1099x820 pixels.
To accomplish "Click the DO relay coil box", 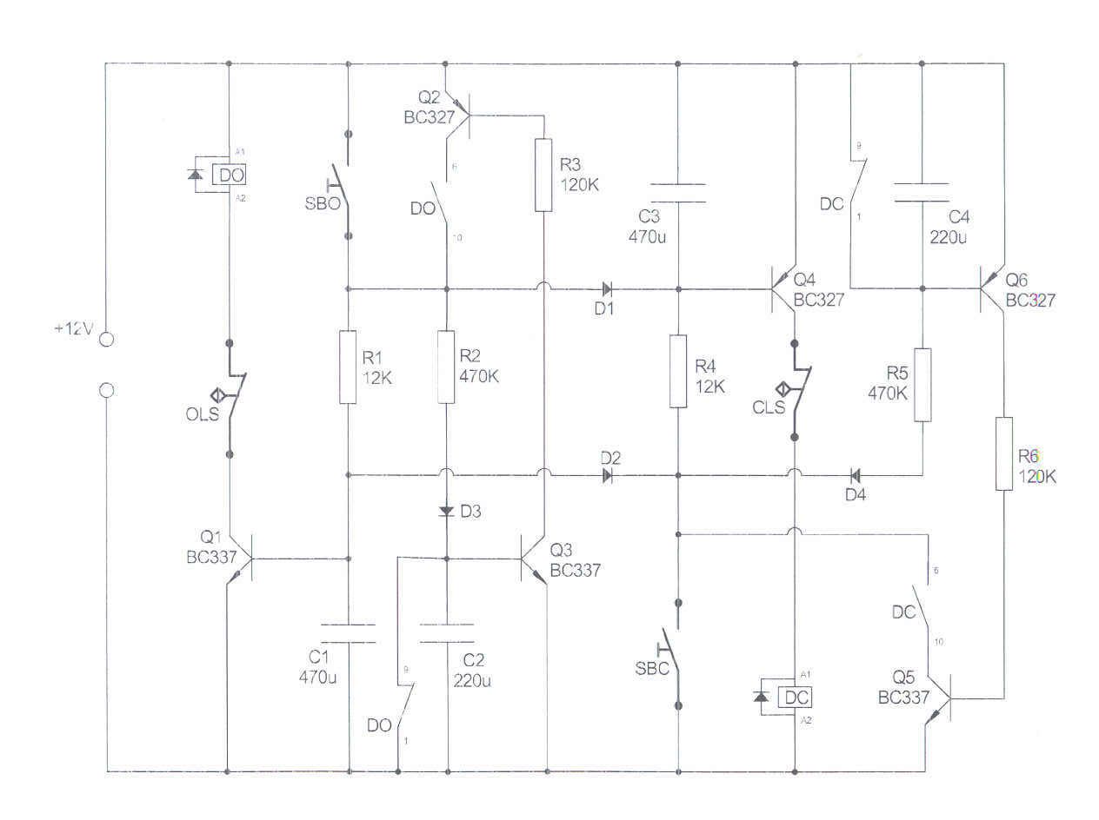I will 231,175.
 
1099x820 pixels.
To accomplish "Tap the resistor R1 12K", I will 348,367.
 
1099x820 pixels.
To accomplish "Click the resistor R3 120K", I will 543,175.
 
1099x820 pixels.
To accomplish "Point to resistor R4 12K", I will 678,371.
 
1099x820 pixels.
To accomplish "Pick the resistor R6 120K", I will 1004,453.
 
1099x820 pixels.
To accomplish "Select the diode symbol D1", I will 605,288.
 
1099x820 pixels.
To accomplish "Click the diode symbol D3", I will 447,511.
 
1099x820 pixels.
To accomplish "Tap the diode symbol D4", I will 854,475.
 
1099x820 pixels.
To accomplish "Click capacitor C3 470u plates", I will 678,193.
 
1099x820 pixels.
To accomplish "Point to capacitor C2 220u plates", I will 447,633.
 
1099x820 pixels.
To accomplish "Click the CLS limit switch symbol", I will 796,390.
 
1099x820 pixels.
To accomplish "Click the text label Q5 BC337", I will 903,689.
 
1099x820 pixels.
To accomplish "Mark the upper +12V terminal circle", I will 106,340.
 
